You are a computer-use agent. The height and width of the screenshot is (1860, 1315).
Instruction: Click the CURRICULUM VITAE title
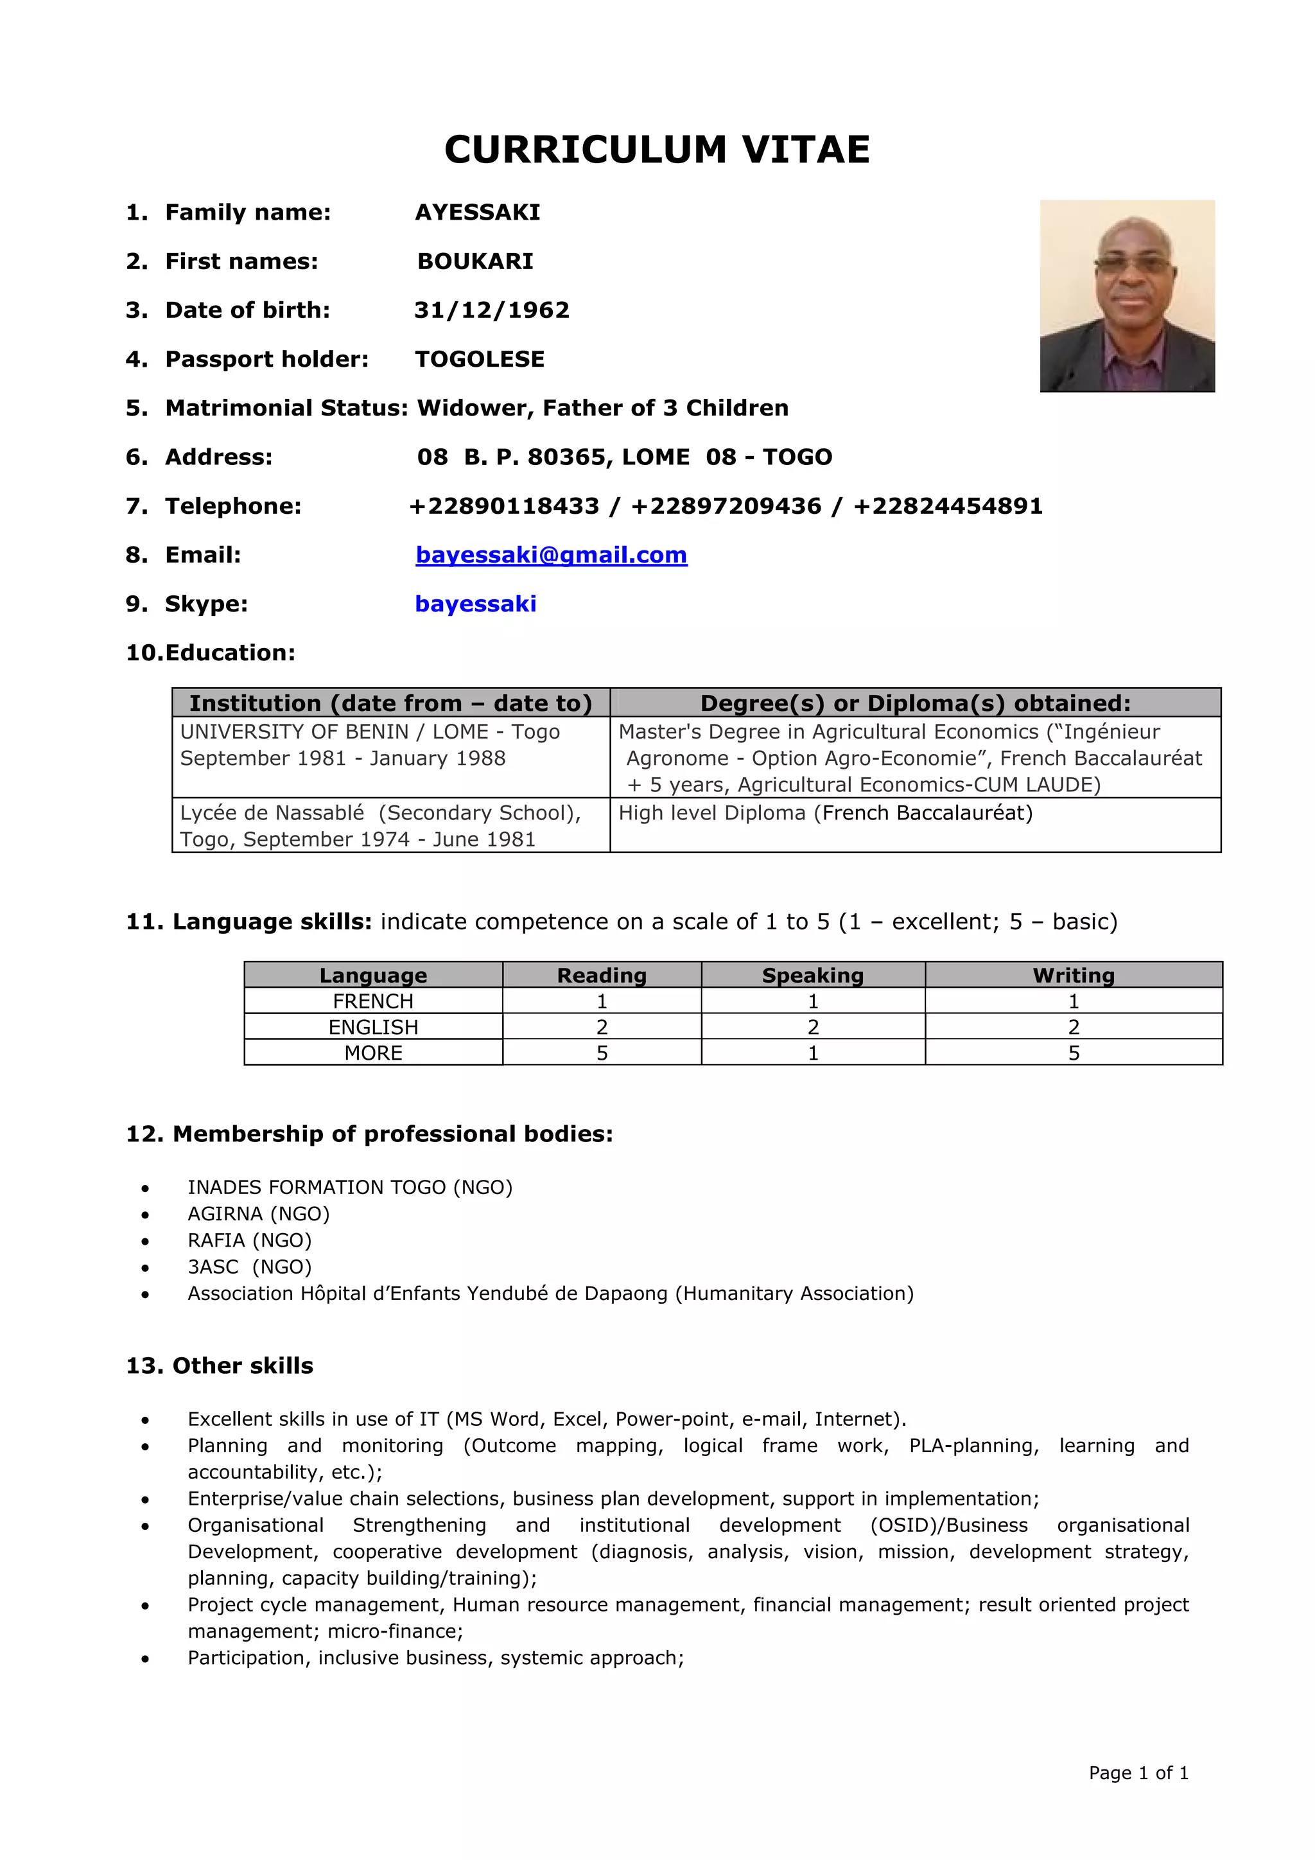(657, 150)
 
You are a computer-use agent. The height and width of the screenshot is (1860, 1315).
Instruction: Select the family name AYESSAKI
(477, 212)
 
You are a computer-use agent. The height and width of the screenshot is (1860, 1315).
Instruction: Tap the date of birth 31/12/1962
(491, 310)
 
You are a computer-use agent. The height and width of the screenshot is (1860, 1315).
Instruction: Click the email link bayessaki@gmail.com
(551, 555)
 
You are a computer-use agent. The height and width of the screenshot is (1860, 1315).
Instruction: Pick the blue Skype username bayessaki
(475, 604)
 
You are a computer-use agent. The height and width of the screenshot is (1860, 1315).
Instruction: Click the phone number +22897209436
(726, 506)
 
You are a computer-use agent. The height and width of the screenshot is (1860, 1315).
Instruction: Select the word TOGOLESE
(480, 359)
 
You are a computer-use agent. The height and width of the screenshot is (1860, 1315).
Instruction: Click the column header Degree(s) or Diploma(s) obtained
(915, 703)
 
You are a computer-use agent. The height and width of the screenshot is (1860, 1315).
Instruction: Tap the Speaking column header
(812, 974)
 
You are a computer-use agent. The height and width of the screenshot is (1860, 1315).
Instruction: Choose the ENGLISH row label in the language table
(373, 1026)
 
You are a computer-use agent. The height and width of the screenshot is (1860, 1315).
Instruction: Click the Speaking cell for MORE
(812, 1052)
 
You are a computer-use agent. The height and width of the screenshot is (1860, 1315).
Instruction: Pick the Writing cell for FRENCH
(1073, 1001)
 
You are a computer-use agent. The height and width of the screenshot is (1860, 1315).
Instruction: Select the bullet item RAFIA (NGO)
(249, 1240)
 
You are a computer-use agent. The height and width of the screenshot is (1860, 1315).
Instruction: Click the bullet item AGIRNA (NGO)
(258, 1213)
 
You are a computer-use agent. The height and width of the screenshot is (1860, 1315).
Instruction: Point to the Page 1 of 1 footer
(1138, 1773)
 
